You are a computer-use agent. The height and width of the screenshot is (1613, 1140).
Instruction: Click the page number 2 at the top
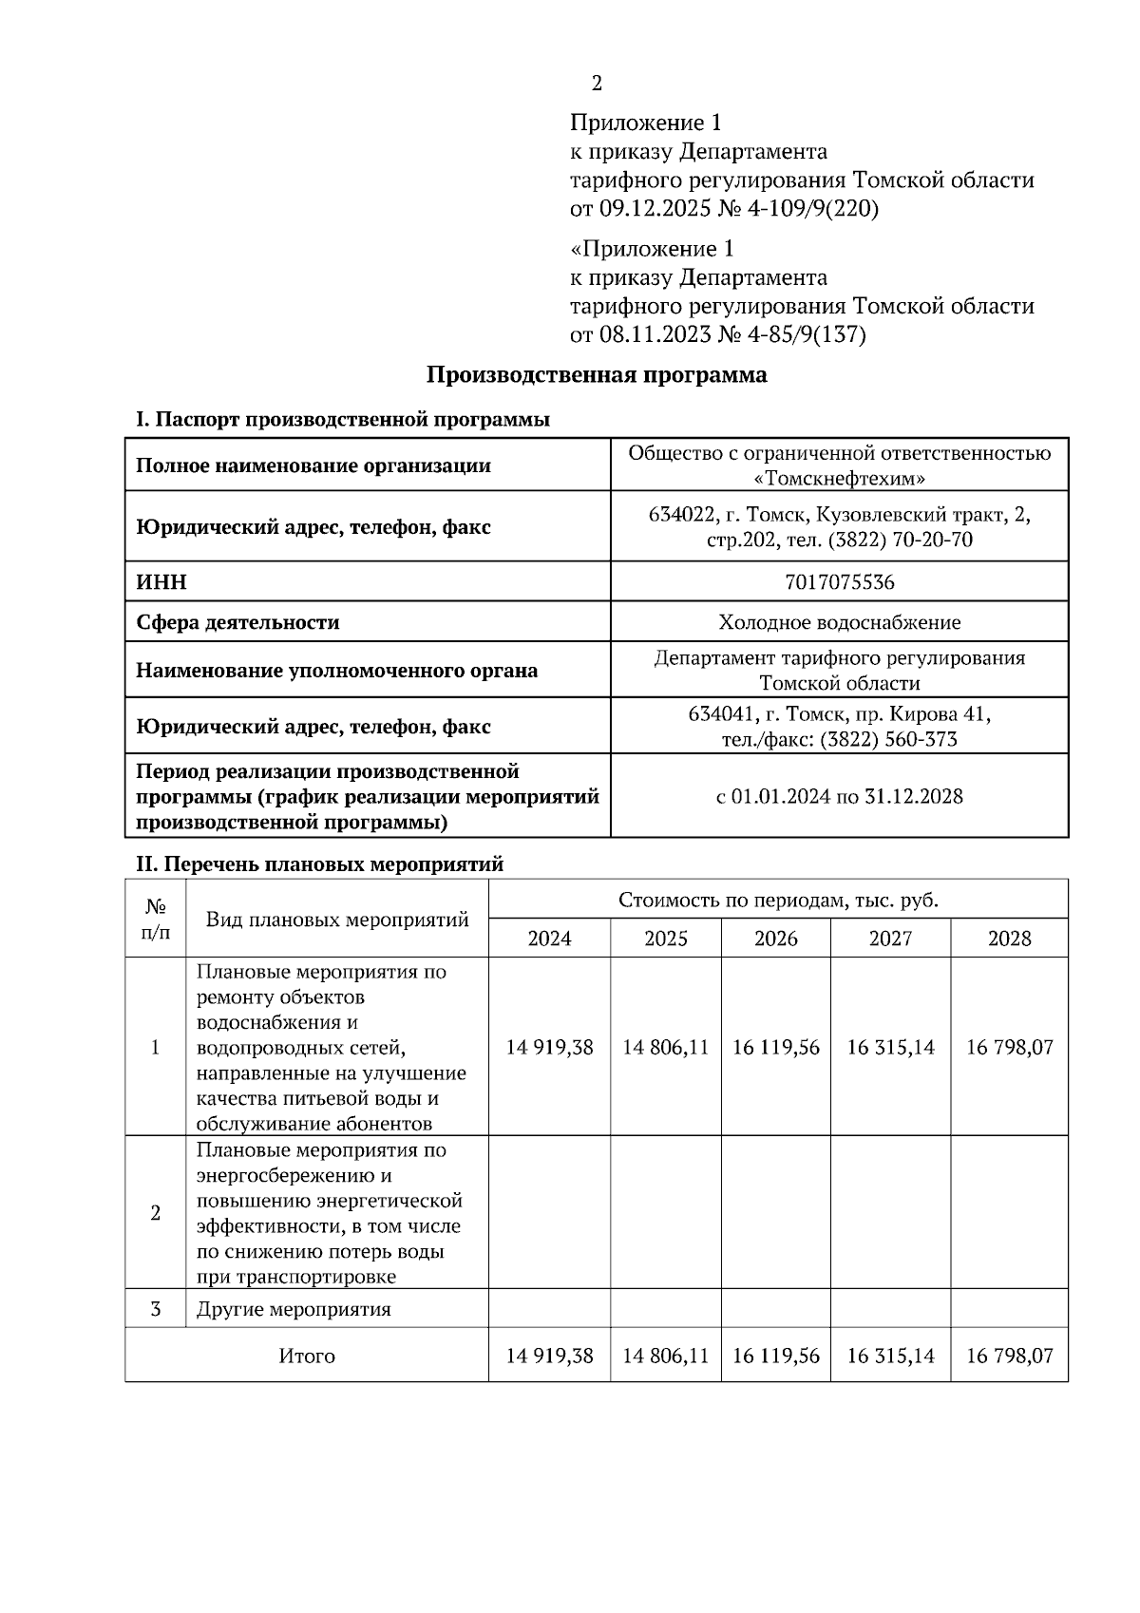[x=597, y=84]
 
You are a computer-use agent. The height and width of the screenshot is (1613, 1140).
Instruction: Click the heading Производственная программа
[x=596, y=374]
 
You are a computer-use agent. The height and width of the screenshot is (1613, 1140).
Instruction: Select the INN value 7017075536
[x=840, y=581]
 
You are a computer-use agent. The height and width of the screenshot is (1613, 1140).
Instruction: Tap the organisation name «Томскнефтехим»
[x=839, y=479]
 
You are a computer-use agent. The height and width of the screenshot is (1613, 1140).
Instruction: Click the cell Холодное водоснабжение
[x=840, y=622]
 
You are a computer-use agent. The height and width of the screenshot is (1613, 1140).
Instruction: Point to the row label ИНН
[x=161, y=582]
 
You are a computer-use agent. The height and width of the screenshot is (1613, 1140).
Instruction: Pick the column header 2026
[x=776, y=939]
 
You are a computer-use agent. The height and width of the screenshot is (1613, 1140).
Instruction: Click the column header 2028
[x=1009, y=939]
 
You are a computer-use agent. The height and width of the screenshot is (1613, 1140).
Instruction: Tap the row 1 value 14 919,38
[x=549, y=1047]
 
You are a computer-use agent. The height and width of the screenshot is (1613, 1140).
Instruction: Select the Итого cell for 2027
[x=890, y=1356]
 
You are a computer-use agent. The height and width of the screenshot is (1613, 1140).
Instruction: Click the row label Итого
[x=307, y=1356]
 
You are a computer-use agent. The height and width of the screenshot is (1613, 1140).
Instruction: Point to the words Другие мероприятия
[x=294, y=1309]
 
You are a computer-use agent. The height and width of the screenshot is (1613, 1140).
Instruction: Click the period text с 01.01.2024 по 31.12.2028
[x=840, y=796]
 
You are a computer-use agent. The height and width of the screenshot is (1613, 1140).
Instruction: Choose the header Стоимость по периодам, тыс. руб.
[x=778, y=900]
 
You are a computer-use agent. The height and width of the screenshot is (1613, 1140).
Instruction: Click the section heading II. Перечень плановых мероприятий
[x=320, y=864]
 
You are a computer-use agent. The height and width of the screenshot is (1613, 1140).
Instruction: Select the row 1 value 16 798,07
[x=1009, y=1047]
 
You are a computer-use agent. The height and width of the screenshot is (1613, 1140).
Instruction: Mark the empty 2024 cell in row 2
[x=549, y=1213]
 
